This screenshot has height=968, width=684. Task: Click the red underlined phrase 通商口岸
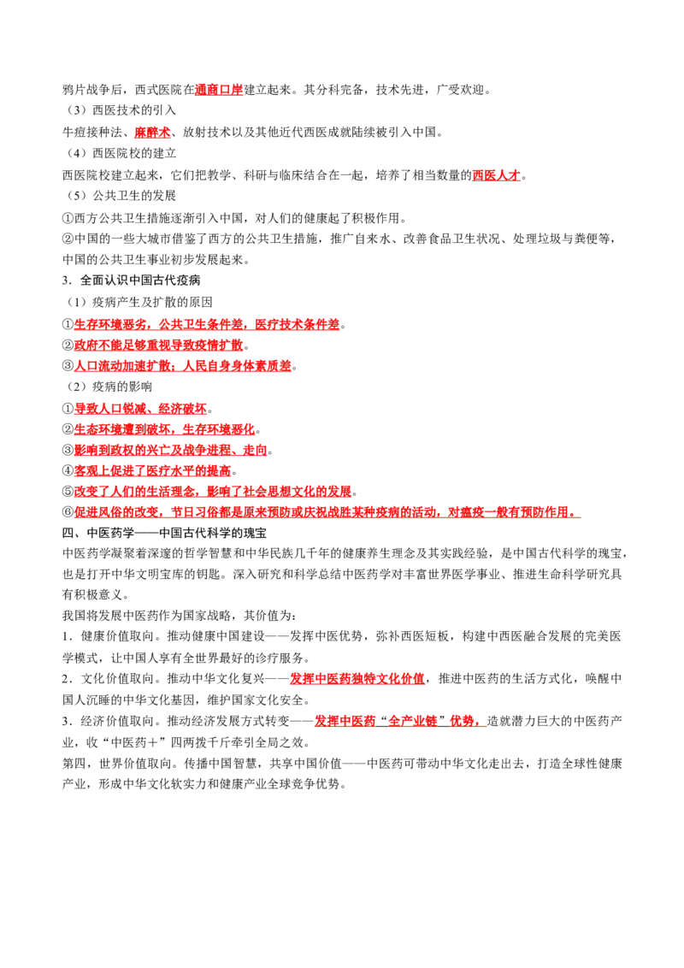tap(219, 90)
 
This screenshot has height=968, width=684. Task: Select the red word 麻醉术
tap(152, 133)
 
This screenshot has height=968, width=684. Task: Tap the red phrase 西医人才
tap(497, 175)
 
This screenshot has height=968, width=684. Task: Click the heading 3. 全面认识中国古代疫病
tap(132, 280)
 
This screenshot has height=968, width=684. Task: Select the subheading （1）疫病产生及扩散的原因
tap(139, 302)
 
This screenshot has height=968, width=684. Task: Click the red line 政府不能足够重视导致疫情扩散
tap(159, 345)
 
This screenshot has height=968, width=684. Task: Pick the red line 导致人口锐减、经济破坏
tap(141, 409)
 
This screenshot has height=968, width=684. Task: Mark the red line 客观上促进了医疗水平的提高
tap(152, 471)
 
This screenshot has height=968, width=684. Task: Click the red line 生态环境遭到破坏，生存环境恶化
tap(165, 429)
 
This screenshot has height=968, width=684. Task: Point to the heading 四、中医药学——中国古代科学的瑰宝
tap(165, 533)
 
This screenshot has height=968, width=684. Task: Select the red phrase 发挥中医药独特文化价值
tap(357, 679)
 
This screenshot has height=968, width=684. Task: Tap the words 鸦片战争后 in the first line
tap(92, 90)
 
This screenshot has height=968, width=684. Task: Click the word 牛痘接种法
tap(92, 133)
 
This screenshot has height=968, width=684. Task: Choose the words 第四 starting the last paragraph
tap(74, 764)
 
